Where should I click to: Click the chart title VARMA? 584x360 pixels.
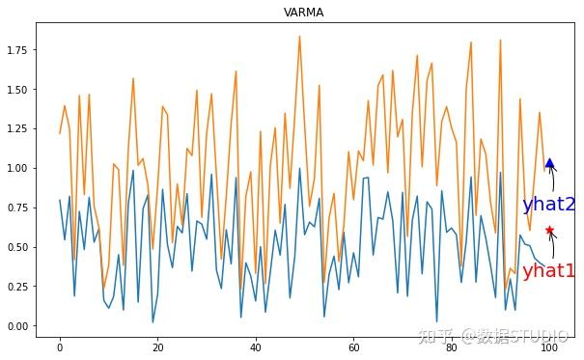coord(302,14)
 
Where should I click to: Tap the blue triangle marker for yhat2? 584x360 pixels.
coord(549,164)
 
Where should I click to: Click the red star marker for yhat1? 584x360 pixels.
coord(549,230)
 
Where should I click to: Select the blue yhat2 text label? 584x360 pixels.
coord(548,205)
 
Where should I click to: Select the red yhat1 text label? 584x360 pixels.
coord(548,271)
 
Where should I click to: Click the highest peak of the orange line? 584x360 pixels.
coord(299,37)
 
